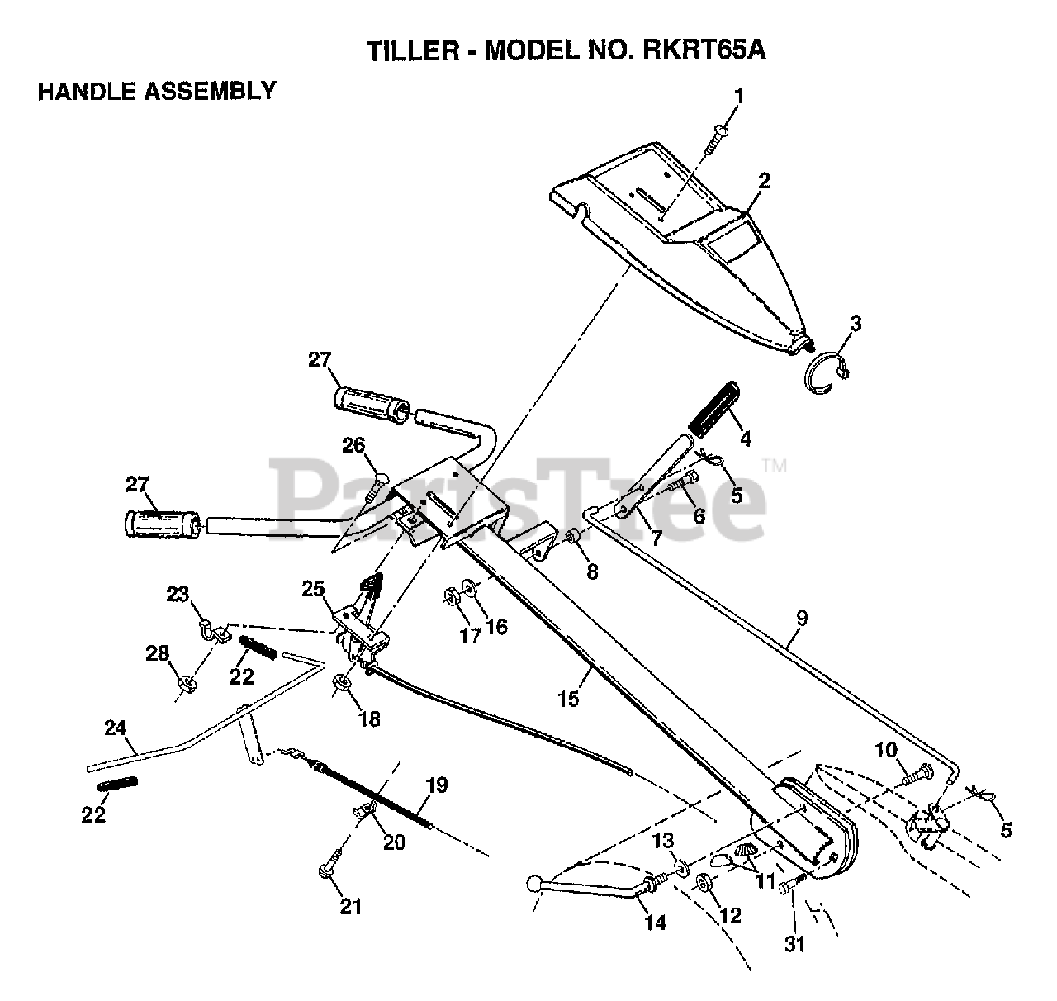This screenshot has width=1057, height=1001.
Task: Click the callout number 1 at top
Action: point(738,97)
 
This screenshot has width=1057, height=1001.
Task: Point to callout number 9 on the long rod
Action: point(802,617)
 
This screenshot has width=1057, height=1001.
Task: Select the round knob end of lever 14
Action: point(533,885)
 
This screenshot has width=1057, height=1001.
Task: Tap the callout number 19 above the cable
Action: point(438,785)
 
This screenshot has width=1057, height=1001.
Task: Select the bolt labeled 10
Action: point(916,776)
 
